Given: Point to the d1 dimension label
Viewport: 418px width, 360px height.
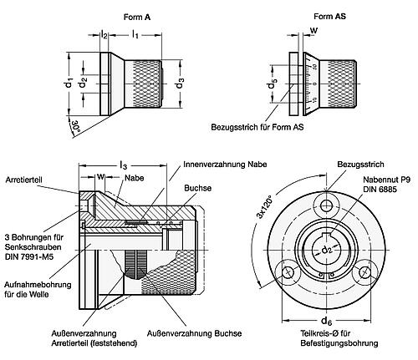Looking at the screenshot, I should (70, 83).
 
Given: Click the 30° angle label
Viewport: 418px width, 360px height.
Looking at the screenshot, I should (78, 127).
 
